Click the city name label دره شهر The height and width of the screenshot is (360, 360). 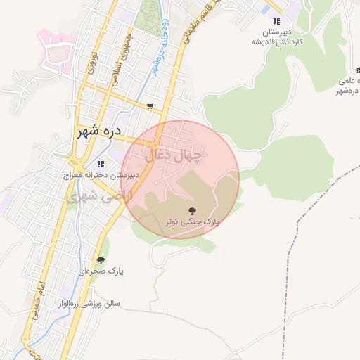[x=98, y=131]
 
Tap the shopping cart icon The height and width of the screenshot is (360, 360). [x=150, y=107]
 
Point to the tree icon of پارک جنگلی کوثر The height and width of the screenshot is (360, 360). [x=191, y=210]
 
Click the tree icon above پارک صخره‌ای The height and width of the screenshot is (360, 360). [x=101, y=260]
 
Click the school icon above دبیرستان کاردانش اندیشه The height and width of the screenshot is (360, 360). [x=276, y=22]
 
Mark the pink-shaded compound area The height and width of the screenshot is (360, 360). [x=56, y=51]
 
